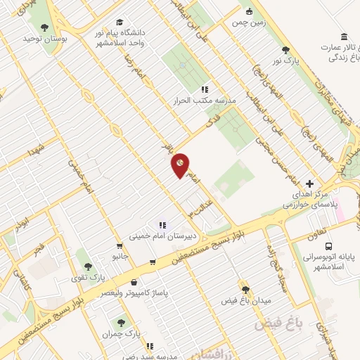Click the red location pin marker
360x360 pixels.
pos(181,165)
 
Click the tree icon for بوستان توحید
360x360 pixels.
pos(44,27)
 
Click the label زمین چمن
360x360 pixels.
pos(243,22)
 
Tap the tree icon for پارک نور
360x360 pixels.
pos(285,49)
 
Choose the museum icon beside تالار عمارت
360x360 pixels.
pos(343,37)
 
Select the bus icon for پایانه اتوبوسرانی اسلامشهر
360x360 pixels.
pos(329,246)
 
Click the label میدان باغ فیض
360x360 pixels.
pos(245,300)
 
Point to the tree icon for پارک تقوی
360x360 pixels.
pos(87,266)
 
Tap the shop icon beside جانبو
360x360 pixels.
pos(120,247)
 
